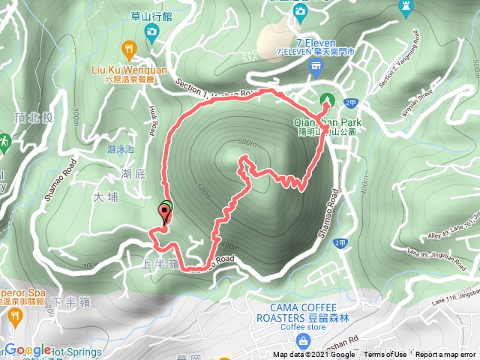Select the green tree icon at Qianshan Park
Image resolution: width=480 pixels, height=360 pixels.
coord(327,99)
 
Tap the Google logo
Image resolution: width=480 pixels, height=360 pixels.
coord(28,350)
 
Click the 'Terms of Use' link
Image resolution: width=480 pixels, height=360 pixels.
coord(385,355)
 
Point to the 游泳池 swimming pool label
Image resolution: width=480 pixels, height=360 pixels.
coord(121,149)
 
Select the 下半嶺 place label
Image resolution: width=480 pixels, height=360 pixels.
coord(68,301)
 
